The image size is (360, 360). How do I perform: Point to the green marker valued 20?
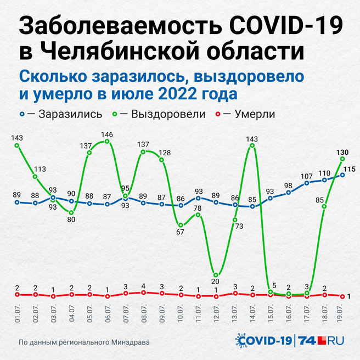pos(216,275)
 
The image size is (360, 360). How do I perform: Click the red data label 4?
pos(144,286)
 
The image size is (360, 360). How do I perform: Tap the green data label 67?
pos(180,232)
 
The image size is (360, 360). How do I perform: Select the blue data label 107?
pos(307,176)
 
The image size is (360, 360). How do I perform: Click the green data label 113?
pos(40,170)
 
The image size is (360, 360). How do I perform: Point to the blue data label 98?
pos(289,185)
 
